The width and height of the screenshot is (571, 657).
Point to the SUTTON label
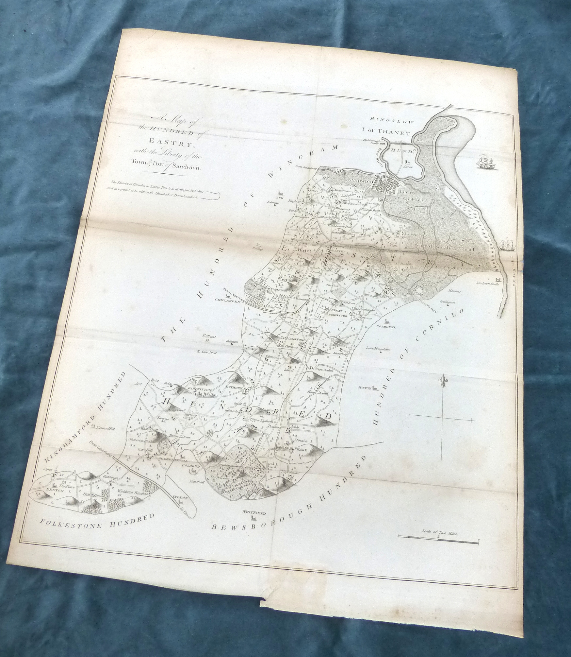[x=365, y=388]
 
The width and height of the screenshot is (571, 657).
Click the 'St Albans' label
[x=207, y=336]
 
